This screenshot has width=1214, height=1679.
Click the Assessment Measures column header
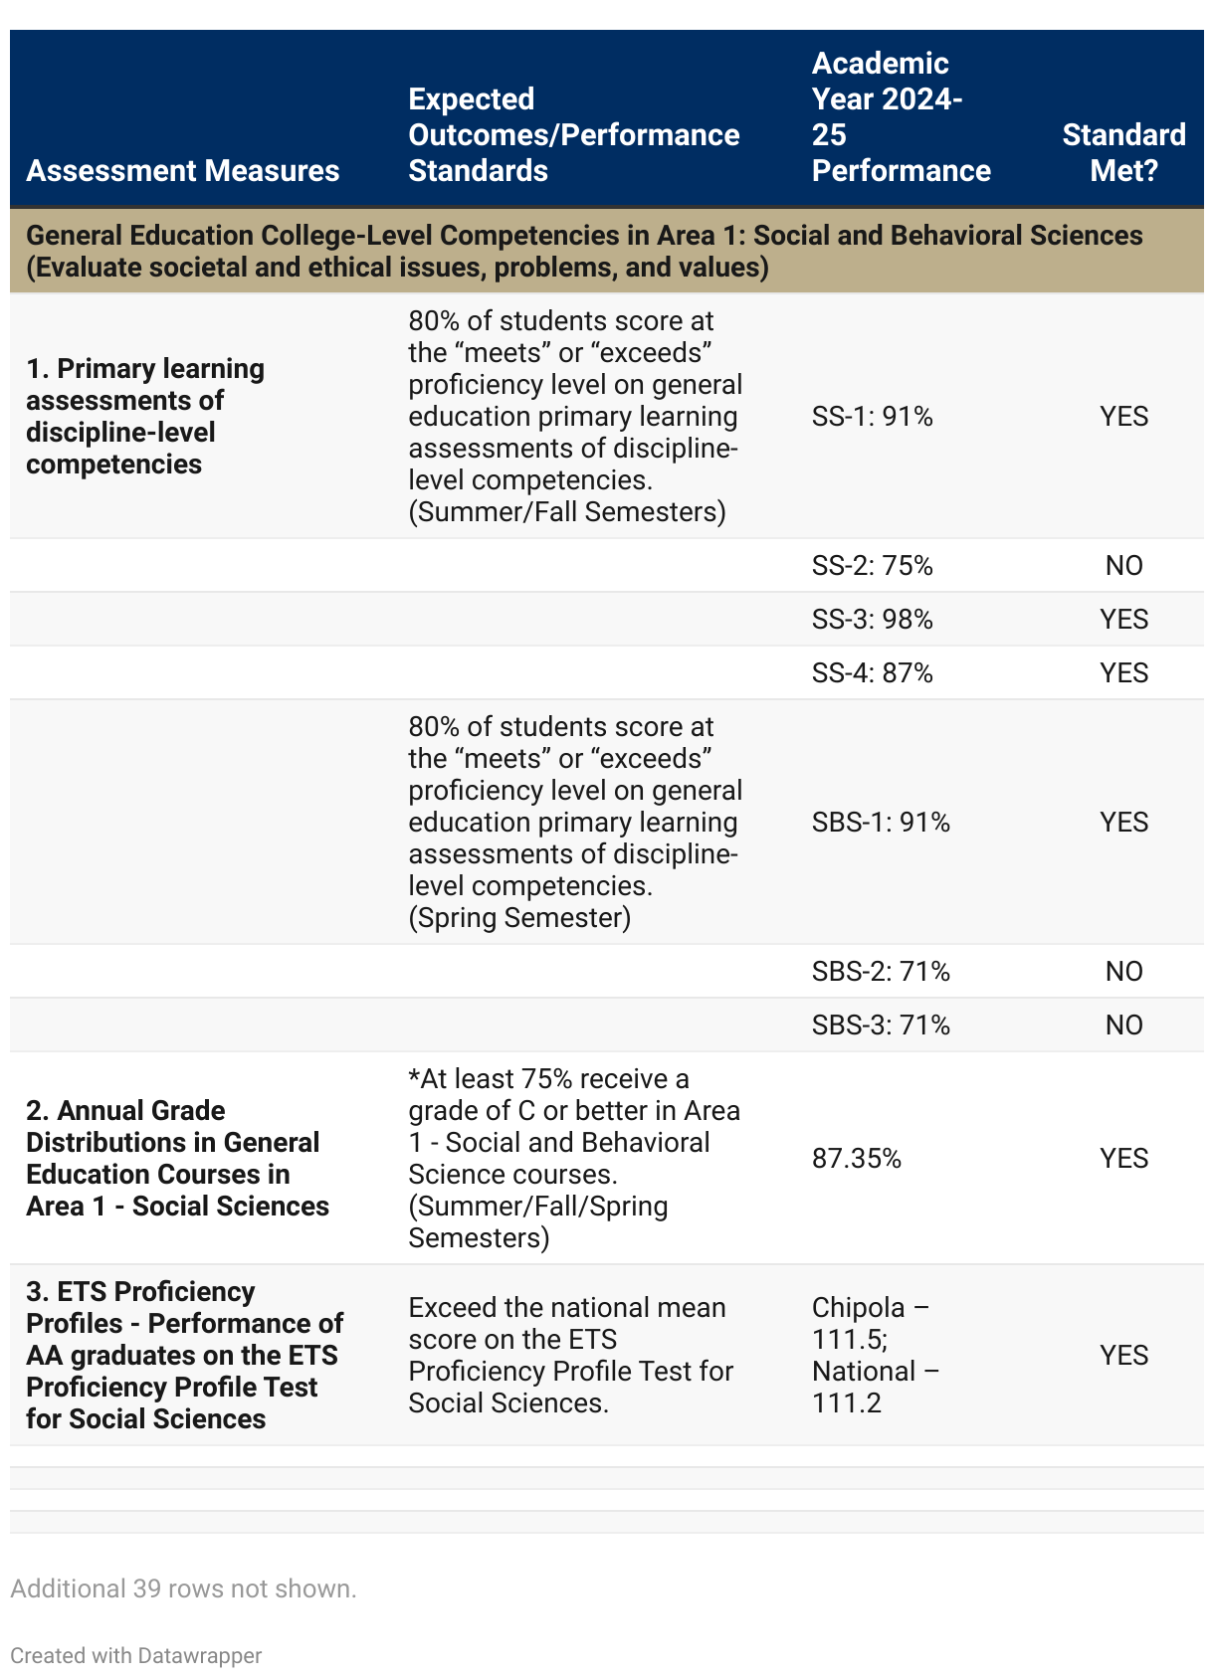click(x=183, y=170)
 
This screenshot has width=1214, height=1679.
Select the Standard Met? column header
click(x=1123, y=152)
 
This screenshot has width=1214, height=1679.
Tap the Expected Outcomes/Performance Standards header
click(x=573, y=134)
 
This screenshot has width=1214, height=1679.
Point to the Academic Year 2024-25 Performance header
click(x=901, y=116)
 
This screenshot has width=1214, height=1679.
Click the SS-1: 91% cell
click(x=872, y=416)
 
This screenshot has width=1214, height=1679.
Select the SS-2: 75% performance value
click(x=872, y=565)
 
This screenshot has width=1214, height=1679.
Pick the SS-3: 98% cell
click(x=872, y=619)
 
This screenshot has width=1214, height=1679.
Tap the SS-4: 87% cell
click(x=872, y=672)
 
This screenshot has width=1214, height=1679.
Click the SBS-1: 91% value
click(x=881, y=822)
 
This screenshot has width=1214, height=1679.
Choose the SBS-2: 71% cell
click(x=881, y=971)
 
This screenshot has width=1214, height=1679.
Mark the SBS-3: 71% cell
click(x=881, y=1025)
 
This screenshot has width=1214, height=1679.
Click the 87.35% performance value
click(x=857, y=1158)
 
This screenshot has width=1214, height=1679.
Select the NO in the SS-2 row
click(x=1123, y=565)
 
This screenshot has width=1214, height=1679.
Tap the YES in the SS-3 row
click(x=1123, y=619)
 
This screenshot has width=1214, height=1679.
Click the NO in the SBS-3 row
click(x=1123, y=1025)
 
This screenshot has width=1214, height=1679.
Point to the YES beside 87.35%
click(x=1123, y=1158)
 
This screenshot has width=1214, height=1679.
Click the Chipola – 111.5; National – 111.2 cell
click(x=875, y=1355)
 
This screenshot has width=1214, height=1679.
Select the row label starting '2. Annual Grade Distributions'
click(x=177, y=1158)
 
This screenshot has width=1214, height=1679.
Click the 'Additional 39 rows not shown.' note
click(x=183, y=1588)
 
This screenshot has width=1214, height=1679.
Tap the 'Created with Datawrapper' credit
click(x=136, y=1655)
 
